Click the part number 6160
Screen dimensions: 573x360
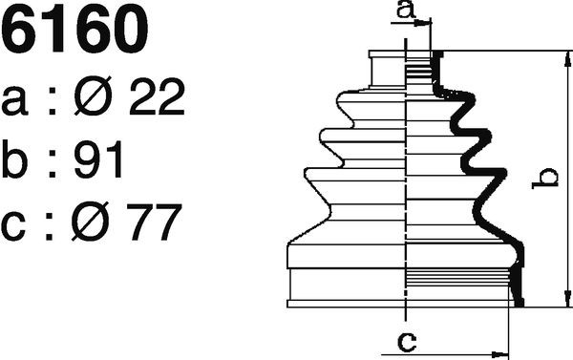coord(74,30)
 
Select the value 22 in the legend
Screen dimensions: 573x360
coord(157,96)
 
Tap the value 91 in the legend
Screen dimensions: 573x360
coord(97,159)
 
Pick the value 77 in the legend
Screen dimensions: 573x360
coord(154,222)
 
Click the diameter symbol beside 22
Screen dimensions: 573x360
coord(93,95)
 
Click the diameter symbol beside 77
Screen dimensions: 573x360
coord(90,222)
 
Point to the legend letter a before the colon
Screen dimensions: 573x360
coord(14,100)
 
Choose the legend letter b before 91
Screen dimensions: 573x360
coord(14,159)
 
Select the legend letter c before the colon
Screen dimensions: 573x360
coord(13,226)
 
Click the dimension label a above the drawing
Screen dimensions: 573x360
coord(406,10)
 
